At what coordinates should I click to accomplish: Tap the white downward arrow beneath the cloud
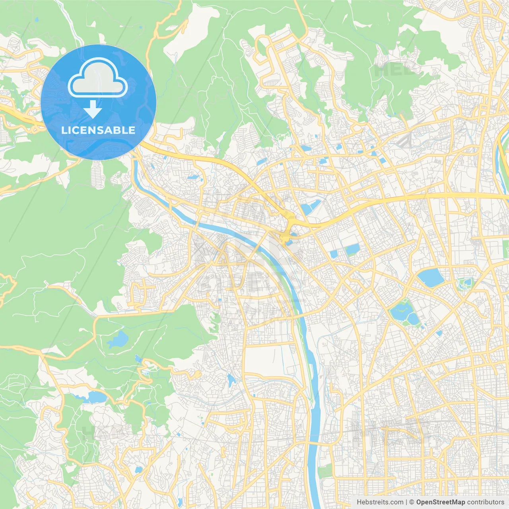click(93, 109)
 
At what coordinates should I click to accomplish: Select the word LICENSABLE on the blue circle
click(98, 130)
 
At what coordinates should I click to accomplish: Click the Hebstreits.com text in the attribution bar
click(380, 502)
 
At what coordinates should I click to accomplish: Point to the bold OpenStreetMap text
click(440, 502)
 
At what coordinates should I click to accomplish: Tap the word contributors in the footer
click(486, 502)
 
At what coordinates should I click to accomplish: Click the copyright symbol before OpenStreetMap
click(412, 502)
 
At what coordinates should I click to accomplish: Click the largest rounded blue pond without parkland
click(430, 277)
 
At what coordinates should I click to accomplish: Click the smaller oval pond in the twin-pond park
click(414, 319)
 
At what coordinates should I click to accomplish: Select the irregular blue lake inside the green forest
click(118, 340)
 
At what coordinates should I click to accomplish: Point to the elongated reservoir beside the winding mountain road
click(95, 397)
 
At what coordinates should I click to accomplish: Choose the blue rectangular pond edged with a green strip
click(352, 249)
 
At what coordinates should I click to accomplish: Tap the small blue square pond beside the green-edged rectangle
click(333, 253)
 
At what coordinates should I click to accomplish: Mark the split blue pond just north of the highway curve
click(310, 207)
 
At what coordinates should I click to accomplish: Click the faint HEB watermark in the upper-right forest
click(396, 70)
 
